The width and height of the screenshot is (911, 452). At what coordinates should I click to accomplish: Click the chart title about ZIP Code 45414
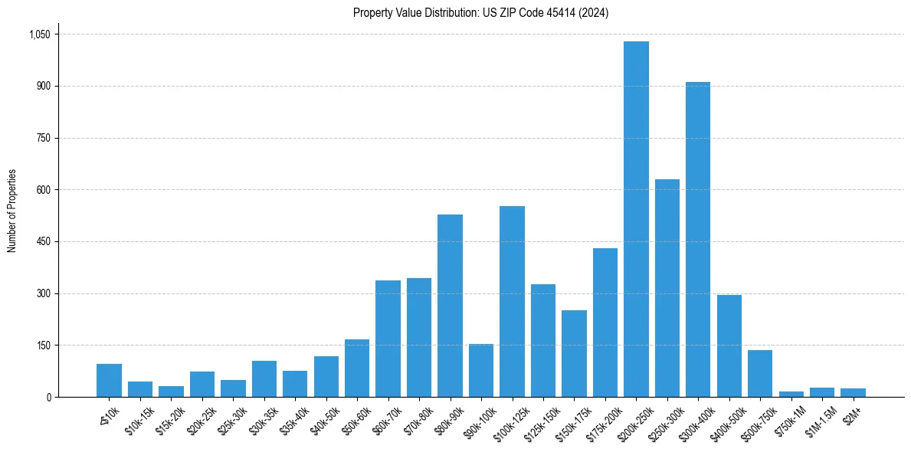pyautogui.click(x=480, y=13)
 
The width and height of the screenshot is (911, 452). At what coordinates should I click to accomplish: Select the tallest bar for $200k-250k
pyautogui.click(x=636, y=219)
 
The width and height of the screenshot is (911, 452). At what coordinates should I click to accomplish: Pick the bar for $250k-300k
pyautogui.click(x=667, y=288)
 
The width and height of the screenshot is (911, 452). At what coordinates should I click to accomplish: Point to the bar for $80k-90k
pyautogui.click(x=450, y=306)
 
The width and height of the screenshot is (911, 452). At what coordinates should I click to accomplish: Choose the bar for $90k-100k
pyautogui.click(x=481, y=371)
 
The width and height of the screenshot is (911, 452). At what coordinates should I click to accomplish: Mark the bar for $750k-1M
pyautogui.click(x=791, y=394)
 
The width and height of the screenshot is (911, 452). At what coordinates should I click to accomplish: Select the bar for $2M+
pyautogui.click(x=853, y=392)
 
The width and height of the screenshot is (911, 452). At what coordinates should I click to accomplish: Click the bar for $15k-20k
pyautogui.click(x=171, y=391)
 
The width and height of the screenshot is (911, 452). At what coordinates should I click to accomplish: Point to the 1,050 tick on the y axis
pyautogui.click(x=39, y=34)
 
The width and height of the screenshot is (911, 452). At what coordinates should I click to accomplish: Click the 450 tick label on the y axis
pyautogui.click(x=43, y=242)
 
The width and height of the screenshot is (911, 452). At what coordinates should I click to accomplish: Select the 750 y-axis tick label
pyautogui.click(x=43, y=138)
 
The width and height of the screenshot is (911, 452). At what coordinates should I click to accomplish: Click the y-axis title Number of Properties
pyautogui.click(x=12, y=211)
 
